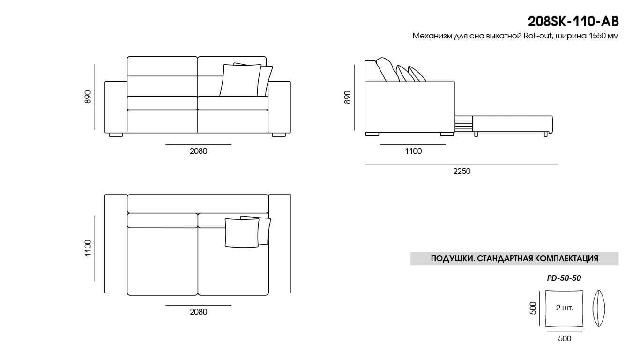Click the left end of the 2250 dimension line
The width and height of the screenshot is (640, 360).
click(365, 165)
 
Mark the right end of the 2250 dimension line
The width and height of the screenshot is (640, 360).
click(558, 165)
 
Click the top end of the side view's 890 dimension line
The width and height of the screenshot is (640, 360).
click(354, 65)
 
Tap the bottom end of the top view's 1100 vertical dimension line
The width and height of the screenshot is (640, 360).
click(95, 281)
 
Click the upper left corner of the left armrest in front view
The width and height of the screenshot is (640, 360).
click(105, 82)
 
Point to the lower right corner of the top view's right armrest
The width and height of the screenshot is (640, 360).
click(291, 293)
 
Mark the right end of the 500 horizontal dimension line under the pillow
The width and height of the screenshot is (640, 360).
click(582, 332)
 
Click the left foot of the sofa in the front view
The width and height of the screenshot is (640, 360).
click(116, 135)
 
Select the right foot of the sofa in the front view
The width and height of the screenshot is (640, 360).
click(279, 135)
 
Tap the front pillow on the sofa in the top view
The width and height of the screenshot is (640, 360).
click(242, 233)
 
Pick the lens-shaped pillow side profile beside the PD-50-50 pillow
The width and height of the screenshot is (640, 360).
click(599, 308)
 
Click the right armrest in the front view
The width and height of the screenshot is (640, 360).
click(279, 107)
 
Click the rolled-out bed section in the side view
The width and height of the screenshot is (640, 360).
click(513, 125)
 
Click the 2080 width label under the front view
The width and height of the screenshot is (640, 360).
click(199, 151)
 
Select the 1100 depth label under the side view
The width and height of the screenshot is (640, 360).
click(413, 151)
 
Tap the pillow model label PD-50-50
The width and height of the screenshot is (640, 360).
click(564, 278)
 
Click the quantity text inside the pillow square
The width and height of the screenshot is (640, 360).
click(565, 307)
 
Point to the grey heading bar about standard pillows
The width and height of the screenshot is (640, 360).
click(514, 258)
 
